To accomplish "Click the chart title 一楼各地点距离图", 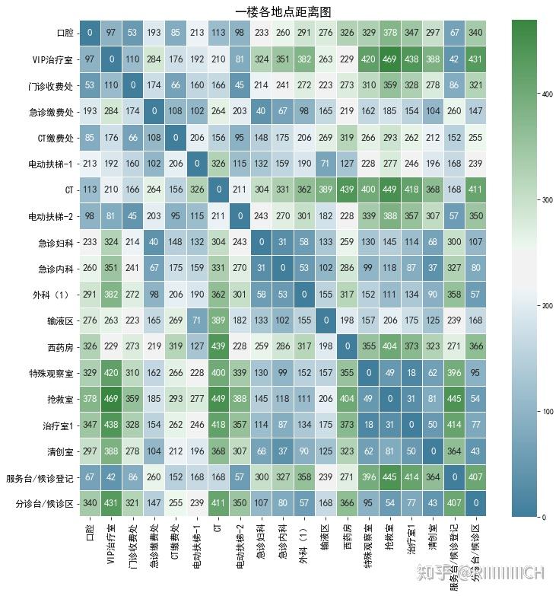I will click(x=283, y=11).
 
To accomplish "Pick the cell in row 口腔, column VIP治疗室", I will click(x=112, y=33).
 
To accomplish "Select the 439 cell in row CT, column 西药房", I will click(x=347, y=190).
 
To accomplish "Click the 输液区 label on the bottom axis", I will click(x=325, y=541).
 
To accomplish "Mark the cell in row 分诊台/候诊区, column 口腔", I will click(x=90, y=503).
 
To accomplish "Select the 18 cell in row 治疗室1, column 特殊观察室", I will click(x=368, y=425).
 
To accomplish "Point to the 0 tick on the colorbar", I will click(x=542, y=518).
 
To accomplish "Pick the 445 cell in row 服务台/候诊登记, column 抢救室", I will click(x=390, y=477).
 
